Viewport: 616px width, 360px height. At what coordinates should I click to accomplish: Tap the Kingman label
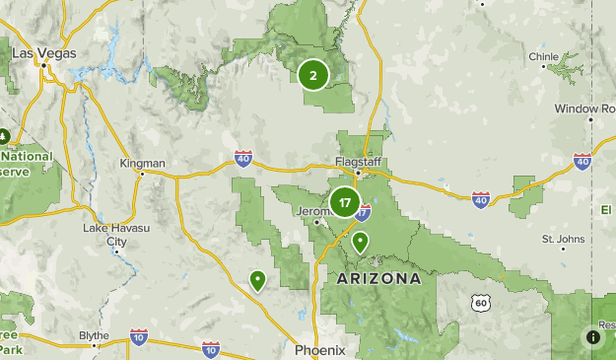[142, 163]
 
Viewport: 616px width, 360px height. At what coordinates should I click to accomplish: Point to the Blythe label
[94, 335]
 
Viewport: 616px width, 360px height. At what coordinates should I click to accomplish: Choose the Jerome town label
[312, 210]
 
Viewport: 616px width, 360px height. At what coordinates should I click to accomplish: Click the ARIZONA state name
[378, 279]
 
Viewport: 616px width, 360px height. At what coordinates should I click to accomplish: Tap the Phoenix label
[319, 350]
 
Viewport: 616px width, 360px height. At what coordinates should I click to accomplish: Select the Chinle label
[543, 56]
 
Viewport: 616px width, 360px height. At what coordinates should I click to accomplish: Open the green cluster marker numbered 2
[312, 75]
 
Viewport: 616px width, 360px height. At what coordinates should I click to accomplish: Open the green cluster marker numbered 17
[343, 203]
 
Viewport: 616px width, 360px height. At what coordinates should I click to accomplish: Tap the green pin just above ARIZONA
[361, 241]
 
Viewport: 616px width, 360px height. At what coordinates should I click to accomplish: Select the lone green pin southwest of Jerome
[257, 280]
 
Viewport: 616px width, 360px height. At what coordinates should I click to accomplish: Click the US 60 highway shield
[480, 302]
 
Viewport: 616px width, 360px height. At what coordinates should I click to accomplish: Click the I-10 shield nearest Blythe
[138, 338]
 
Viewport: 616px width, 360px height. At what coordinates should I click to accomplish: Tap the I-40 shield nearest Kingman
[243, 158]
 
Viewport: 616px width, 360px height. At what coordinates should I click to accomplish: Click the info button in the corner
[593, 336]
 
